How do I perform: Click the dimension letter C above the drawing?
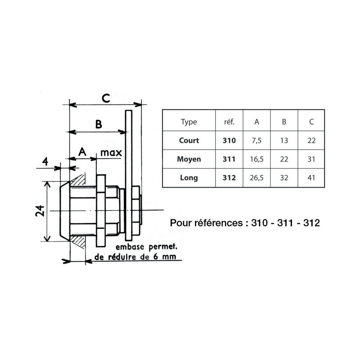tap(106, 98)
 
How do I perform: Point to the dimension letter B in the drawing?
tap(99, 124)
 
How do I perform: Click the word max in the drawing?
tap(111, 153)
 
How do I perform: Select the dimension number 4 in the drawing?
tap(45, 161)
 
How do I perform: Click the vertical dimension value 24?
tap(40, 211)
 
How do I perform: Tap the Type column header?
tap(189, 122)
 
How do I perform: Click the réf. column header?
tap(229, 122)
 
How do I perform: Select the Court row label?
tap(189, 140)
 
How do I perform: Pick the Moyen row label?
tap(189, 159)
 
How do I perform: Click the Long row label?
tap(189, 178)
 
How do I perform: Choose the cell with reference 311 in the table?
tap(229, 159)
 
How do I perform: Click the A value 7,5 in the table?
tap(257, 141)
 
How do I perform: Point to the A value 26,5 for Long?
tap(257, 178)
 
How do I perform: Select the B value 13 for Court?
tap(284, 140)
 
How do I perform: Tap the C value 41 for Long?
tap(311, 178)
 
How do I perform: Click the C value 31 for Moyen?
tap(311, 159)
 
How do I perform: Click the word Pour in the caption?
tap(181, 223)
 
